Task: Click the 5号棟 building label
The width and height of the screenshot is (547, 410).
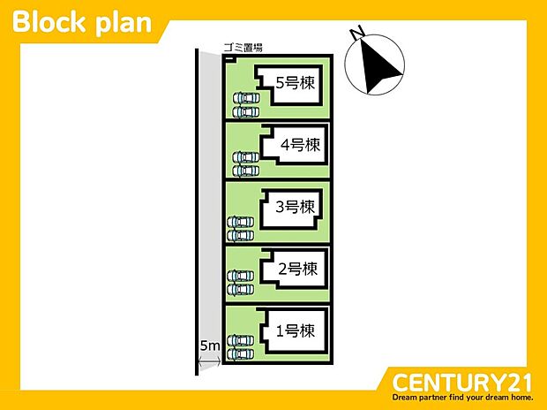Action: pos(296,83)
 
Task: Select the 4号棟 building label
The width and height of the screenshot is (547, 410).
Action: pos(300,145)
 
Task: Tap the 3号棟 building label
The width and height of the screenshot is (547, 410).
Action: pos(296,207)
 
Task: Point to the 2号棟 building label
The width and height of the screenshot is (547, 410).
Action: pos(298,269)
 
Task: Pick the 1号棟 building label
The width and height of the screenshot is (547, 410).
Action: pos(296,330)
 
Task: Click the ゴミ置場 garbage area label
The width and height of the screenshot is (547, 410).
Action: pos(243,48)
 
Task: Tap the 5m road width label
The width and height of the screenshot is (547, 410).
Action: pos(210,346)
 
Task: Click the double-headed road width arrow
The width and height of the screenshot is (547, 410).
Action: pos(209,361)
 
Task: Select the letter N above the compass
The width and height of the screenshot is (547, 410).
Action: pos(357,34)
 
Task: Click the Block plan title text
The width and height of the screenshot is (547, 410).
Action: pos(82,23)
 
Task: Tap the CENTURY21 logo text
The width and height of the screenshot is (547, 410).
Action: pos(462,383)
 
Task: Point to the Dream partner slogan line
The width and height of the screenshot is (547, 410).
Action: pos(462,398)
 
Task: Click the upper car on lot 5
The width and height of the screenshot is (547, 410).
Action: pos(246,98)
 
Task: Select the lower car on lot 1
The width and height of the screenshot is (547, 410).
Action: pos(241,353)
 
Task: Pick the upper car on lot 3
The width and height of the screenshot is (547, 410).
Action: pos(241,222)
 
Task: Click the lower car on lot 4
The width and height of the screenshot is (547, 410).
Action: pos(246,171)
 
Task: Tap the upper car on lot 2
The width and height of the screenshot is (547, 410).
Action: pos(241,276)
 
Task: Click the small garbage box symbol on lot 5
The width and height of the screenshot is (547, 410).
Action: pos(230,59)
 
